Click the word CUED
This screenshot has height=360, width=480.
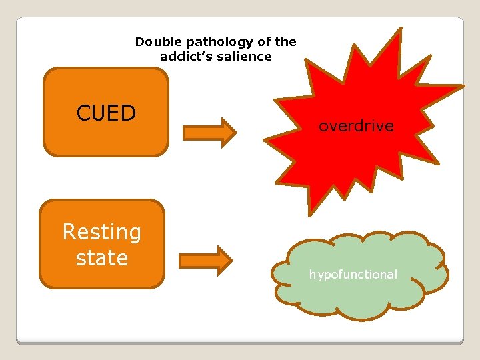(106, 113)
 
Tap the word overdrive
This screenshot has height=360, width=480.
(356, 125)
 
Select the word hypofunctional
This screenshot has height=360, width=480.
(353, 274)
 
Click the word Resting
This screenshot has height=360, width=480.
(101, 232)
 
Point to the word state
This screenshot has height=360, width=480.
(101, 257)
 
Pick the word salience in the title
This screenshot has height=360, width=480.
(248, 57)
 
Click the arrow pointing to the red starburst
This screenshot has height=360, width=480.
(209, 131)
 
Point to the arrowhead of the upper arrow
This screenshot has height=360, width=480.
(228, 131)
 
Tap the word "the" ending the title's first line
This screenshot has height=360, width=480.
(285, 41)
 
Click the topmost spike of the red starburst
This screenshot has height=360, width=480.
(400, 30)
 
